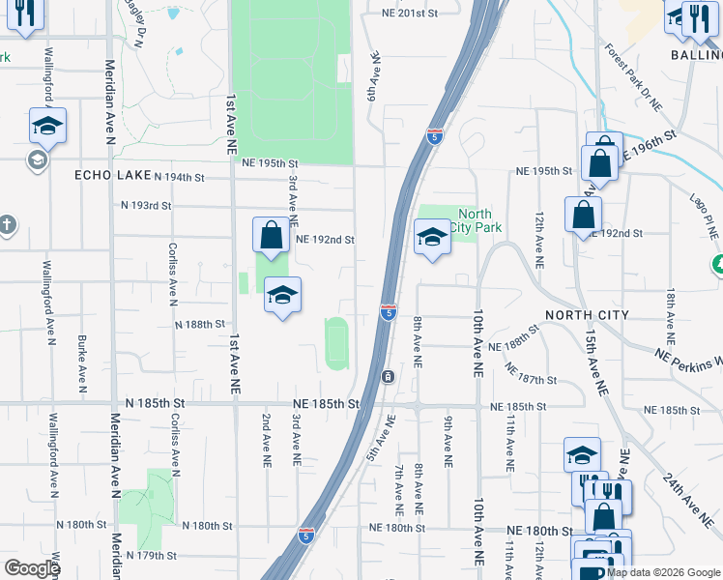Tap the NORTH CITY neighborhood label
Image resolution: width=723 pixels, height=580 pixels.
587,315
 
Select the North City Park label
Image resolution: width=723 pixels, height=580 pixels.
475,220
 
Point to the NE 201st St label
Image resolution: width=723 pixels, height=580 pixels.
410,13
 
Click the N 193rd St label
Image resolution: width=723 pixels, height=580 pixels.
146,206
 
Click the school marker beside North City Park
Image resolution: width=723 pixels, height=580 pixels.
432,237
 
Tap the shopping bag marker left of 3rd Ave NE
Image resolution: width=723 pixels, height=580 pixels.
272,235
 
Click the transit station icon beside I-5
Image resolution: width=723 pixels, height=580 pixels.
387,376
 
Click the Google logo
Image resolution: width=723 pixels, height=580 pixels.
33,568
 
